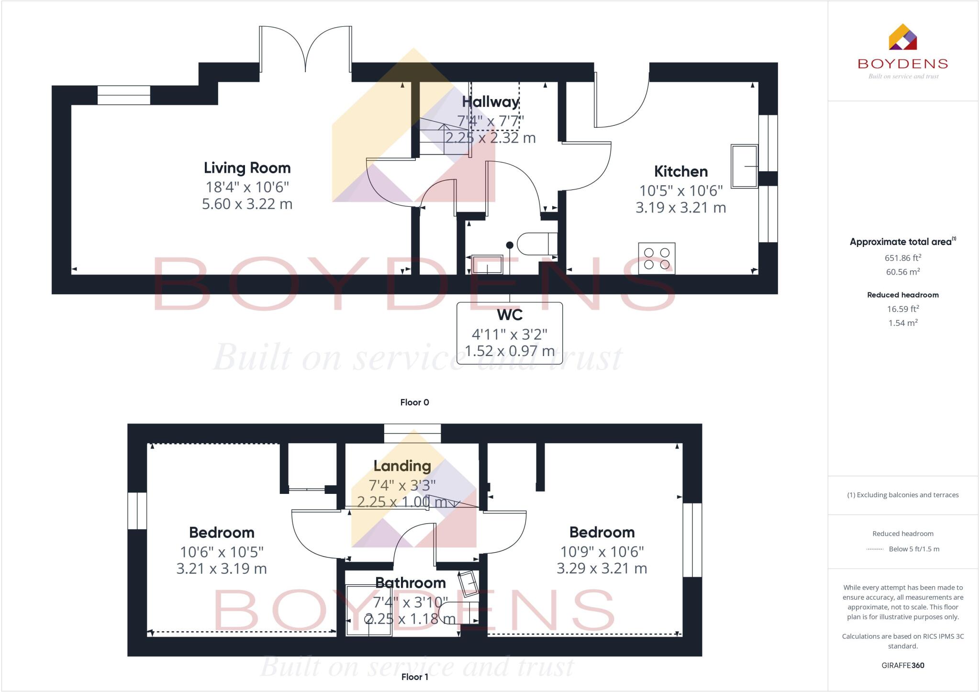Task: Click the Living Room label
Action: (247, 168)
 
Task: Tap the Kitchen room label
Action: (680, 171)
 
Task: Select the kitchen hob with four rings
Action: (657, 258)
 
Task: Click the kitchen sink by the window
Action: (744, 166)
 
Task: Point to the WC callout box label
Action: (510, 315)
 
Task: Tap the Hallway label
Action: (490, 102)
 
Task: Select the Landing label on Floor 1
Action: (402, 466)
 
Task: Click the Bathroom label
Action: (410, 583)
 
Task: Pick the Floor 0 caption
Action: (414, 402)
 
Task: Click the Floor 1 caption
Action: (414, 677)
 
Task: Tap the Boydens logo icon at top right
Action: (902, 37)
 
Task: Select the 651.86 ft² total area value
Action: (902, 258)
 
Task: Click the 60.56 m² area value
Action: (902, 272)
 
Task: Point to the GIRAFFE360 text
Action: (902, 665)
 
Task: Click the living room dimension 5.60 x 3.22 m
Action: (247, 204)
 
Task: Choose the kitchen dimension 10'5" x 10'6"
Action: (680, 191)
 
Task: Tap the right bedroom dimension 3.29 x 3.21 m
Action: (601, 569)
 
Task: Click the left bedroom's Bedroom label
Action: (222, 533)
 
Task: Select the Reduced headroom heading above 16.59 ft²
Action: (902, 295)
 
